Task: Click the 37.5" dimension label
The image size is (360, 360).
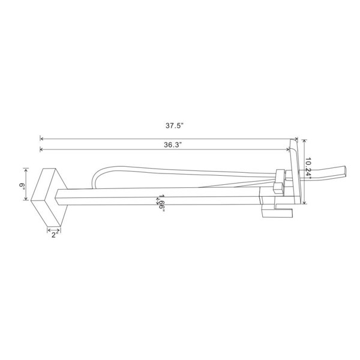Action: (175, 126)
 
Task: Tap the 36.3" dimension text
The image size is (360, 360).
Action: (173, 145)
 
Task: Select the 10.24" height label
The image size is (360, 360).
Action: (308, 169)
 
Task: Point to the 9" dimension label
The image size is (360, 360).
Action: (22, 185)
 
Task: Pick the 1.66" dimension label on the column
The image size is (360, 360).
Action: (162, 203)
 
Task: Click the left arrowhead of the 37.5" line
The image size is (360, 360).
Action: (41, 139)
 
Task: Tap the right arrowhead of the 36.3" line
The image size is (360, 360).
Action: (288, 149)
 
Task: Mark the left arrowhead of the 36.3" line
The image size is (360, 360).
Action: (41, 149)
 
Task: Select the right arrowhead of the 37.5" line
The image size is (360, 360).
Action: (296, 139)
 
